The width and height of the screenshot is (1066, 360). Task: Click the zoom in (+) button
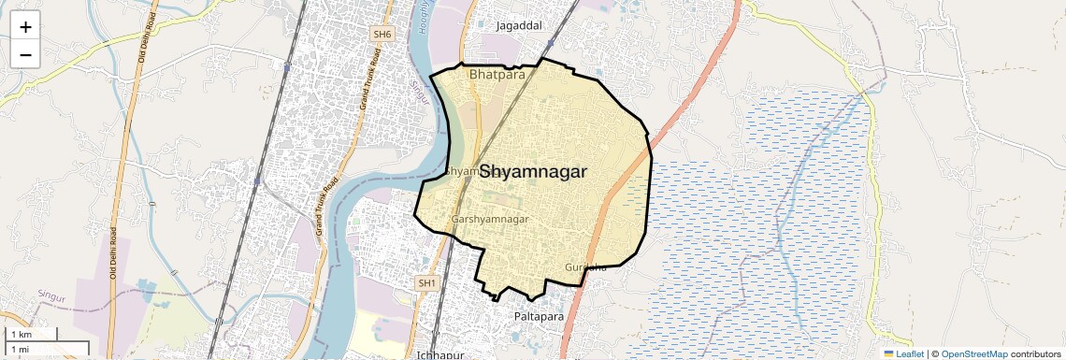(25, 27)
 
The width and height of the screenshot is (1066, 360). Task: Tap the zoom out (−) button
(25, 54)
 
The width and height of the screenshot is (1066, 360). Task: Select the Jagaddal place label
(519, 26)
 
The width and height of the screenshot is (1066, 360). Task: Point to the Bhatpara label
(497, 74)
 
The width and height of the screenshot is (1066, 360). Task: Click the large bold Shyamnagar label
(533, 172)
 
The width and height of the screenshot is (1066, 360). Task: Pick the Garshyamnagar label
(490, 219)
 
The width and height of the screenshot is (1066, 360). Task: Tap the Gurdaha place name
(585, 267)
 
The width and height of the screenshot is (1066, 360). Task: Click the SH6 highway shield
(382, 34)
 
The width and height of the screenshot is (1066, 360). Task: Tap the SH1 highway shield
(426, 282)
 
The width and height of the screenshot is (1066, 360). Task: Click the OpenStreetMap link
(973, 353)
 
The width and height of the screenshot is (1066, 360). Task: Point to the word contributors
(1035, 353)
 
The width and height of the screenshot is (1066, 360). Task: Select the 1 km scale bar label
(21, 334)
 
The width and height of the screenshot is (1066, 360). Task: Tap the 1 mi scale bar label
(20, 349)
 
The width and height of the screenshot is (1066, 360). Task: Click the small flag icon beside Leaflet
(889, 353)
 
